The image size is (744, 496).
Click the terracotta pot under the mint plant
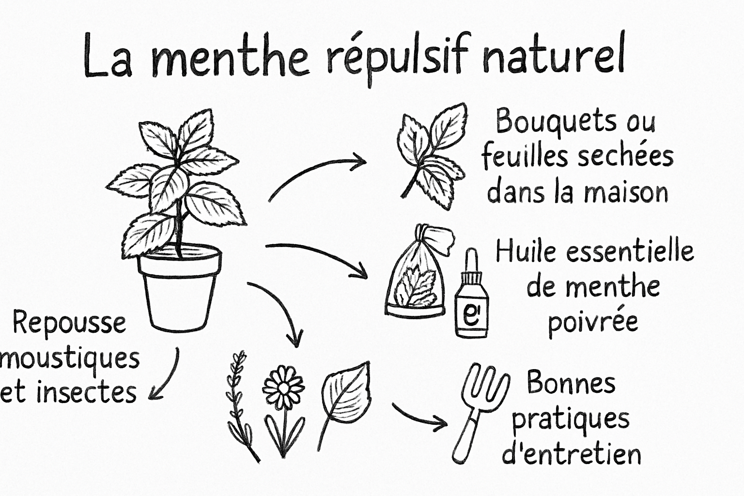pos(180,288)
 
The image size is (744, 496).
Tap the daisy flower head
pos(283,387)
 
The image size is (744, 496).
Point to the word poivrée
pos(593,321)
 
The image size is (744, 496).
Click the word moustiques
pos(70,360)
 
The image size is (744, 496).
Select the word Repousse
pos(69,323)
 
